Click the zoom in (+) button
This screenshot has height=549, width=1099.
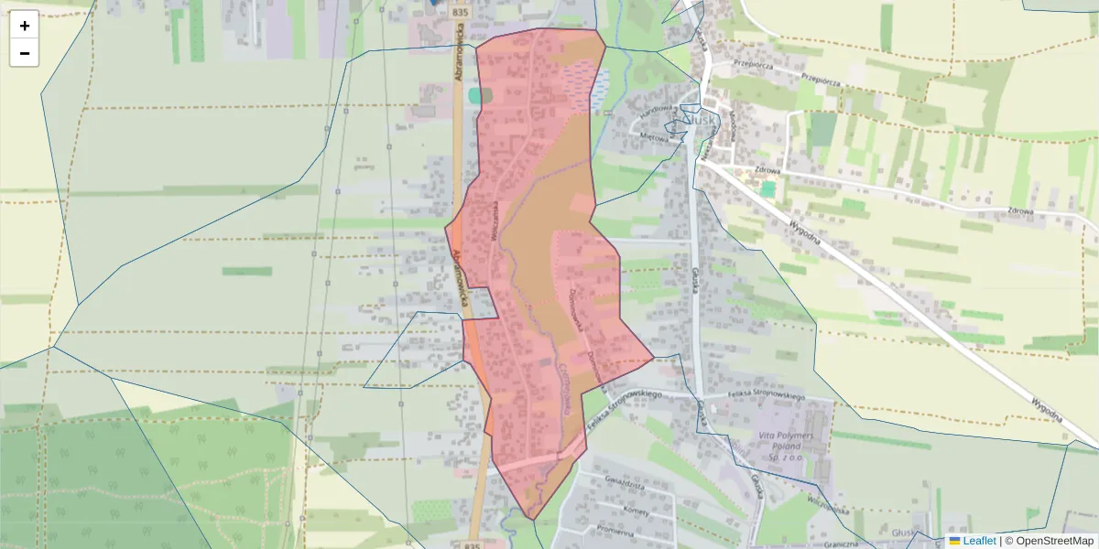tap(25, 26)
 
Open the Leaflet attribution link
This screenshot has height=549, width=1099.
tap(979, 541)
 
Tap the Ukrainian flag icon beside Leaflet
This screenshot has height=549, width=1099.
tap(954, 541)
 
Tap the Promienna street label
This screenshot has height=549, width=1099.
tap(614, 531)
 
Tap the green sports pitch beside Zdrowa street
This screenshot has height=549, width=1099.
tap(767, 188)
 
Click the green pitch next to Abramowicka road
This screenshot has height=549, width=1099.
tap(474, 95)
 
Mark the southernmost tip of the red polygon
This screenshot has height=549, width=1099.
tap(533, 520)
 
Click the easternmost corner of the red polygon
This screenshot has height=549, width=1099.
tap(654, 358)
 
